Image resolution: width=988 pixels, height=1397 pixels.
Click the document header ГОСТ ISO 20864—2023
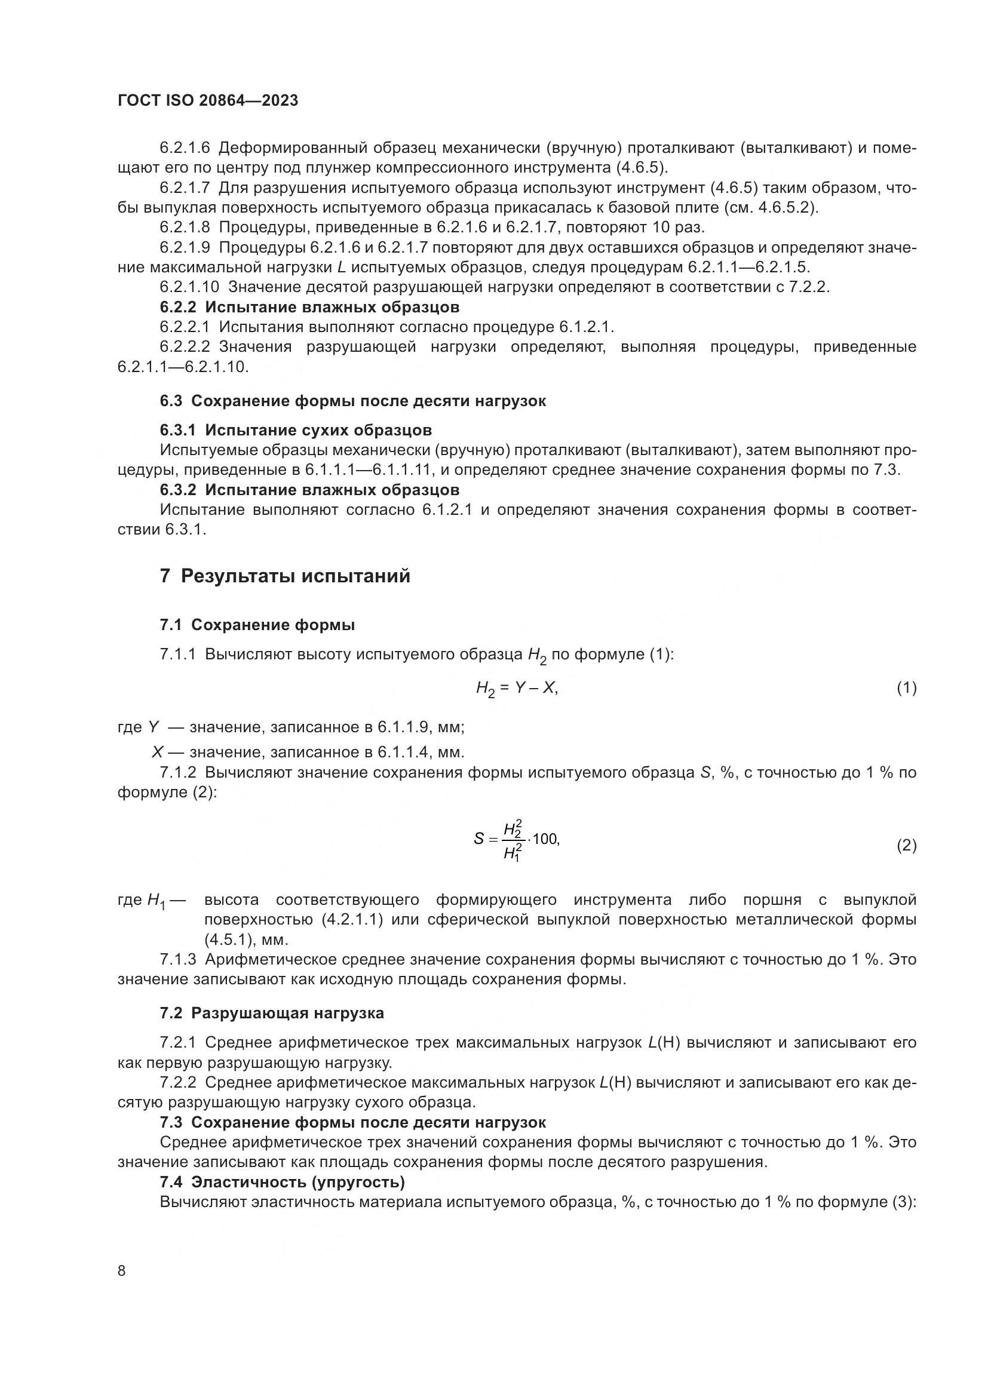pyautogui.click(x=207, y=101)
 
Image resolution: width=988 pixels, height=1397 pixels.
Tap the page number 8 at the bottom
pyautogui.click(x=122, y=1271)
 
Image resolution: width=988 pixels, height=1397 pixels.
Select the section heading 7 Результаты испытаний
pyautogui.click(x=285, y=576)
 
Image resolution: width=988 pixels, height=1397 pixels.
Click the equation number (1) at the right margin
pyautogui.click(x=907, y=688)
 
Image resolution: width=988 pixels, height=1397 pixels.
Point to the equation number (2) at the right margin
pyautogui.click(x=907, y=846)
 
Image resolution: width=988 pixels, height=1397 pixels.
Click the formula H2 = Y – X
pyautogui.click(x=517, y=689)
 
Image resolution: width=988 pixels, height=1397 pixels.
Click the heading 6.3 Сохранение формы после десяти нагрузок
pyautogui.click(x=353, y=401)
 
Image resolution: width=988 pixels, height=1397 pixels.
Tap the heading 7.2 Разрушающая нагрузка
pyautogui.click(x=272, y=1013)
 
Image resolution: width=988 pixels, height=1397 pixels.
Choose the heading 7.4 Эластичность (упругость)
pyautogui.click(x=283, y=1182)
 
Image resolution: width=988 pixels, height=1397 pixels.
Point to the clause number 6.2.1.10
pyautogui.click(x=189, y=287)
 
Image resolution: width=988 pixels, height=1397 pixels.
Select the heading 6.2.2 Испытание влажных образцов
pyautogui.click(x=309, y=306)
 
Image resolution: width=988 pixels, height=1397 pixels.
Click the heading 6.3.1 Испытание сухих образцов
pyautogui.click(x=296, y=430)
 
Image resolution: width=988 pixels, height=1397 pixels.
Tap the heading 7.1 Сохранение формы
pyautogui.click(x=257, y=625)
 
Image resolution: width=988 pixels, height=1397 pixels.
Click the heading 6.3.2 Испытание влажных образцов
pyautogui.click(x=309, y=490)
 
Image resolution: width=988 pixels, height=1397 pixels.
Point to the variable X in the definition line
pyautogui.click(x=158, y=753)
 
